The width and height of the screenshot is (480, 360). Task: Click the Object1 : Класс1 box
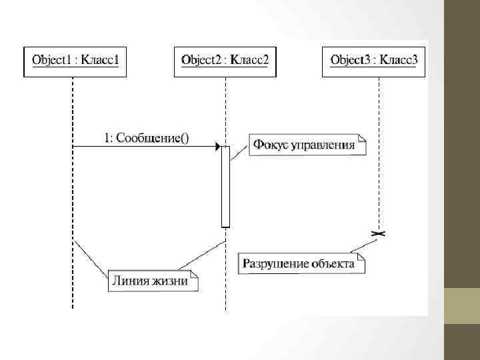coord(75,61)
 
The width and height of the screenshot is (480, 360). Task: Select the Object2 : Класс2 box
coord(225,61)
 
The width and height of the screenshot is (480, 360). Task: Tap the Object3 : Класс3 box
coord(375,61)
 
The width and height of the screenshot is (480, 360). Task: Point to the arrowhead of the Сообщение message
coord(217,146)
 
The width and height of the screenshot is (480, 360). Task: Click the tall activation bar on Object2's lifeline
coord(225,187)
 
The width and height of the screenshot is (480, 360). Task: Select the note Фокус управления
coord(308,145)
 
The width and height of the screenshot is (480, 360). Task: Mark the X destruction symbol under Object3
coord(379,233)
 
